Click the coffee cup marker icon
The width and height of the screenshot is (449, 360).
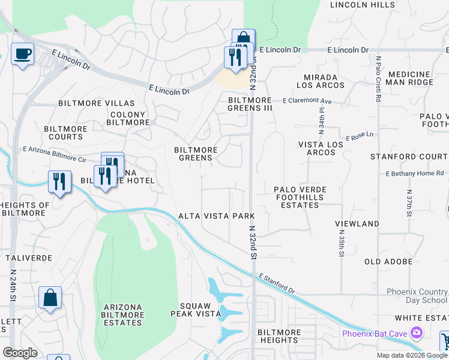[22, 54]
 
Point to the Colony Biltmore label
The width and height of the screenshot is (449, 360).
[127, 118]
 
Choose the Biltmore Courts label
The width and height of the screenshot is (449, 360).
[66, 133]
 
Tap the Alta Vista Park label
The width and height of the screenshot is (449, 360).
[217, 216]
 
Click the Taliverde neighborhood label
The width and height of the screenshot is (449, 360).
[29, 257]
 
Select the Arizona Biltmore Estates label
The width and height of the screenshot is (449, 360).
[123, 314]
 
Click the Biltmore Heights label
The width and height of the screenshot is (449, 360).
[279, 336]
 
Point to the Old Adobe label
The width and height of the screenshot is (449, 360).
[388, 262]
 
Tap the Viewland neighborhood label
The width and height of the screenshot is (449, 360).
[357, 224]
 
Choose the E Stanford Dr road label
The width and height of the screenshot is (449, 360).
[277, 284]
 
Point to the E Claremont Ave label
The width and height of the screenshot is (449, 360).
[307, 101]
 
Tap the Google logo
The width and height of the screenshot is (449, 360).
[20, 353]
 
